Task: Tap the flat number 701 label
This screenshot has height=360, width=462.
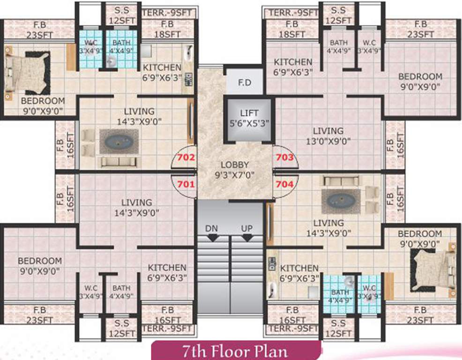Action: [186, 184]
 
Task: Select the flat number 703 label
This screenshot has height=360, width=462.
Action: [285, 158]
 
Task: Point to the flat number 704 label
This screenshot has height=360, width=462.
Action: [285, 184]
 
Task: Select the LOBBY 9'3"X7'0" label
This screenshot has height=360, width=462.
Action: [235, 170]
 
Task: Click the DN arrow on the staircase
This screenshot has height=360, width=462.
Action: [212, 237]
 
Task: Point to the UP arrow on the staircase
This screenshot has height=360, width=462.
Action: [247, 237]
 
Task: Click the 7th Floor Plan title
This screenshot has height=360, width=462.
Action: [236, 351]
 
